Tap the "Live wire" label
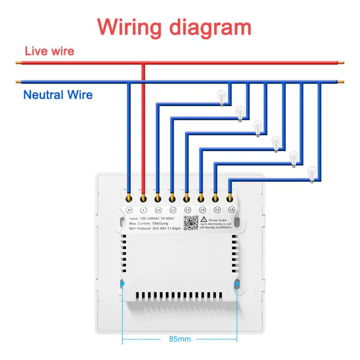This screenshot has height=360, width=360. point(49,51)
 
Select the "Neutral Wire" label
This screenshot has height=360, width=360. point(58,95)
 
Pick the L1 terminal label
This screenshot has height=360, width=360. point(158,210)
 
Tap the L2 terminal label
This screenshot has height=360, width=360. point(172,210)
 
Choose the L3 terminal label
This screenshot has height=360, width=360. point(187,210)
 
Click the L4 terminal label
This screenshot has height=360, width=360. point(202,210)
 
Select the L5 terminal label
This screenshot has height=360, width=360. point(216,210)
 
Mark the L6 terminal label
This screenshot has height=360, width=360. point(231,210)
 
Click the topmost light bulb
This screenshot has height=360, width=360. point(221,97)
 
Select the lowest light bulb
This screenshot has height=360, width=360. point(311,174)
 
